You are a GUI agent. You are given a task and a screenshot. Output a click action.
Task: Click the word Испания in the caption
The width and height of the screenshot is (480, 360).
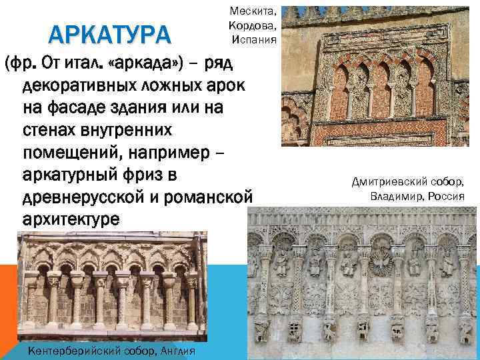pos(254,39)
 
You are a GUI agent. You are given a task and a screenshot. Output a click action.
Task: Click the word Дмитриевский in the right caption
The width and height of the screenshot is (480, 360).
pos(393,182)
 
